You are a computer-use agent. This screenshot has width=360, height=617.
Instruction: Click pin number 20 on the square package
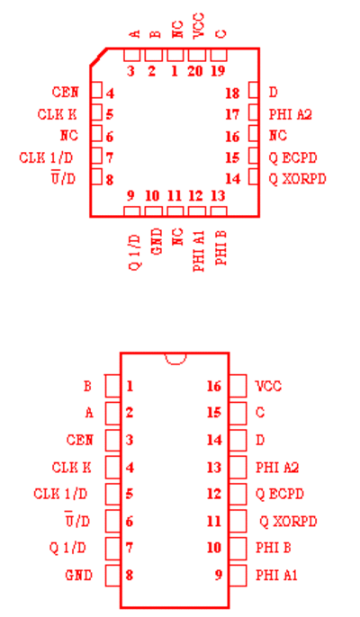pyautogui.click(x=195, y=71)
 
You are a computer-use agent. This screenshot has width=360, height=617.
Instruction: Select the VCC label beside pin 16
pyautogui.click(x=268, y=386)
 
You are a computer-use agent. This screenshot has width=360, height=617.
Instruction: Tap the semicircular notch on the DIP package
pyautogui.click(x=175, y=359)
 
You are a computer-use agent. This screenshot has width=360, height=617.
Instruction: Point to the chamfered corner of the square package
pyautogui.click(x=98, y=57)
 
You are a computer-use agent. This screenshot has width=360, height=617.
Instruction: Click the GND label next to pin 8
pyautogui.click(x=79, y=576)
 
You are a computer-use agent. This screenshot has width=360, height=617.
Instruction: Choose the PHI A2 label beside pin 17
pyautogui.click(x=291, y=114)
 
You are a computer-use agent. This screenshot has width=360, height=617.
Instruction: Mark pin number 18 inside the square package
pyautogui.click(x=232, y=93)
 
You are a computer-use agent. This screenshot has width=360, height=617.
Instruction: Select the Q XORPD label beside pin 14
pyautogui.click(x=297, y=179)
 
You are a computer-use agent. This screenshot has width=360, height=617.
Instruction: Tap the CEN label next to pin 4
pyautogui.click(x=66, y=92)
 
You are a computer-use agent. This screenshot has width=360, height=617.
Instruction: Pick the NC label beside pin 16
pyautogui.click(x=278, y=136)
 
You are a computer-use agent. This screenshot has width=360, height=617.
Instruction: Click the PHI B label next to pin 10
pyautogui.click(x=274, y=548)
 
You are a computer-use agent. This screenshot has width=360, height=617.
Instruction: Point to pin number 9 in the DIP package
pyautogui.click(x=219, y=575)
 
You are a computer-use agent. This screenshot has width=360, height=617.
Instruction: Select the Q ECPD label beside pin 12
pyautogui.click(x=280, y=494)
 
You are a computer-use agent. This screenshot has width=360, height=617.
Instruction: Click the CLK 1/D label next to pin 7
pyautogui.click(x=46, y=157)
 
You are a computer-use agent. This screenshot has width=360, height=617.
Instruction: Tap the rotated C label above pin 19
pyautogui.click(x=221, y=34)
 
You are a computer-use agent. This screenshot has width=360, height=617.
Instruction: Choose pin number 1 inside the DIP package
pyautogui.click(x=130, y=386)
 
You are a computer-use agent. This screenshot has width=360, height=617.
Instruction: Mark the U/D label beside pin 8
pyautogui.click(x=63, y=178)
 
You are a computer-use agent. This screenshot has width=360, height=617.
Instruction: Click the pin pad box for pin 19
pyautogui.click(x=219, y=55)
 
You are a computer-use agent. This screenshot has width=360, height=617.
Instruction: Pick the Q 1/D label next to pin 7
pyautogui.click(x=67, y=548)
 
